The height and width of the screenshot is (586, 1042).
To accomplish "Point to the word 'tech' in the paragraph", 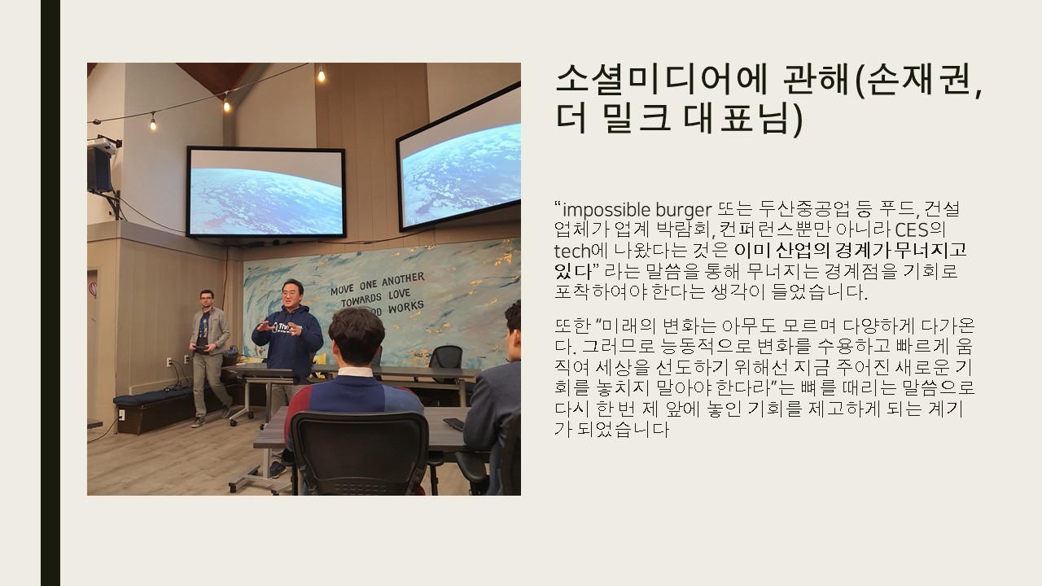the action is click(572, 251).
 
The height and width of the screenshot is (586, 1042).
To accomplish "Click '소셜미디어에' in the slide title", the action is click(661, 80).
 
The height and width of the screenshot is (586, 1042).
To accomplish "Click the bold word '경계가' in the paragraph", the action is click(862, 251).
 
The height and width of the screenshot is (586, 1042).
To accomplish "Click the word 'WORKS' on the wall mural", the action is click(406, 307).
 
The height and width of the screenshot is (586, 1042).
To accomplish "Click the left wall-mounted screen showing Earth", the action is click(265, 192).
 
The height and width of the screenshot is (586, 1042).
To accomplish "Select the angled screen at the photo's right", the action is click(458, 158).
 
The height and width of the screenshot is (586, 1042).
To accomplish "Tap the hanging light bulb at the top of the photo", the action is click(321, 74).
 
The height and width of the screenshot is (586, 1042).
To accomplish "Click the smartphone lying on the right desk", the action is click(453, 424).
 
